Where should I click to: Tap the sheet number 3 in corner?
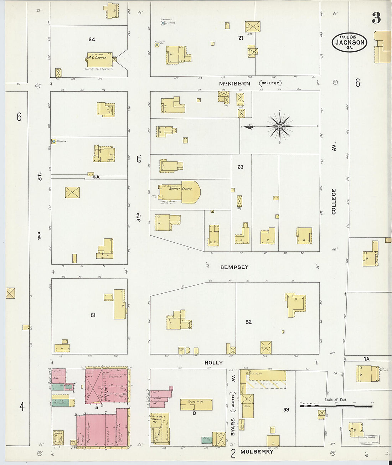click(376, 17)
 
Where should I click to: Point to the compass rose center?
click(280, 126)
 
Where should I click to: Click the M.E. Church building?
click(99, 60)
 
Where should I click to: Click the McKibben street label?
click(234, 84)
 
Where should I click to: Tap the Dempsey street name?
click(234, 267)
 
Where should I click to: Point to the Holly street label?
click(213, 362)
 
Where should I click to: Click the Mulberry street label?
click(257, 452)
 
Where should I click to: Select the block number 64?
click(92, 40)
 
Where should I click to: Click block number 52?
click(248, 322)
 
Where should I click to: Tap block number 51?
click(93, 315)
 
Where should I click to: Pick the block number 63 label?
click(241, 167)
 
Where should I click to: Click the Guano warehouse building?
click(196, 404)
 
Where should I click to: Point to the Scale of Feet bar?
click(337, 405)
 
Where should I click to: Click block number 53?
click(286, 410)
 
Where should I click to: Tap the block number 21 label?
click(241, 38)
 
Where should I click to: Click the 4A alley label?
click(96, 177)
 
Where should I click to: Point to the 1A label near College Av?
click(366, 359)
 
